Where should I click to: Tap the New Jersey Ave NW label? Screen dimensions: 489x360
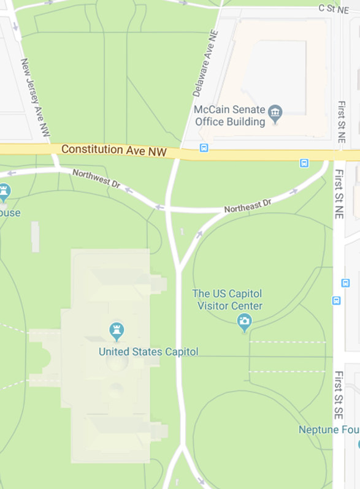(36, 97)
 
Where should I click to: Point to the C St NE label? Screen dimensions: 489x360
(333, 8)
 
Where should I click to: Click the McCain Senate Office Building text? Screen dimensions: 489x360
(230, 116)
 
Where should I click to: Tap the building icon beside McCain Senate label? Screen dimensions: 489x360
(275, 113)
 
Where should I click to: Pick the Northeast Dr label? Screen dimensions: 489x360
(247, 206)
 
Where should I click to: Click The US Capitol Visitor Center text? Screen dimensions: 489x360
(228, 300)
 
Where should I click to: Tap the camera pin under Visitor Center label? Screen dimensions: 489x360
(245, 321)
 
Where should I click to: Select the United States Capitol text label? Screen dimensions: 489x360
(148, 352)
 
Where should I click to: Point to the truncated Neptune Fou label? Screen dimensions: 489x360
(329, 430)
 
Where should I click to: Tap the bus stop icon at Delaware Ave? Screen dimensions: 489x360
(204, 148)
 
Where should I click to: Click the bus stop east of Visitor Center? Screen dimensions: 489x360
(336, 300)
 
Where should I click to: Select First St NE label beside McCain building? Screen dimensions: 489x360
(341, 122)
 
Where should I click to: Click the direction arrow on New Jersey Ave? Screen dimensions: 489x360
(15, 27)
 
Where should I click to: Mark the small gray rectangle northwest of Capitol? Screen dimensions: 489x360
(36, 237)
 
